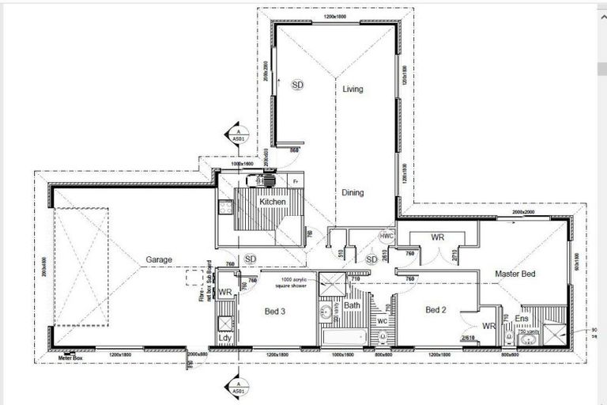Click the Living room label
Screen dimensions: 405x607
(x=353, y=89)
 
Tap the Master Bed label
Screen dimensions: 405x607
(x=515, y=274)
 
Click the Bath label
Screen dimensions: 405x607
(x=352, y=305)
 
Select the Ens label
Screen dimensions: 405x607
(x=522, y=318)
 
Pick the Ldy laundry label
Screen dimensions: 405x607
(x=224, y=338)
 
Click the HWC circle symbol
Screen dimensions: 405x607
(x=386, y=237)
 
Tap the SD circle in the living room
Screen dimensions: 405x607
(x=298, y=84)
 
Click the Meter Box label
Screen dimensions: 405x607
(x=72, y=358)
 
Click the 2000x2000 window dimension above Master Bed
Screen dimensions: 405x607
(x=523, y=213)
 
